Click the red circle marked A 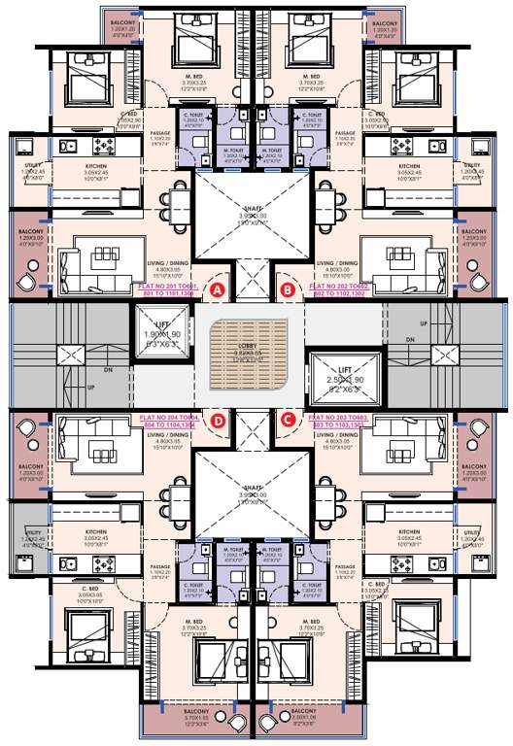click(x=218, y=289)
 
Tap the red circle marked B click(x=288, y=289)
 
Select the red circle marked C click(x=288, y=420)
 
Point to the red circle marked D click(x=218, y=420)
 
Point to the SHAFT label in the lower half click(x=253, y=492)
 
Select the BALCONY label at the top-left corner click(x=123, y=26)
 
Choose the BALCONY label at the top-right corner click(x=385, y=26)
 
